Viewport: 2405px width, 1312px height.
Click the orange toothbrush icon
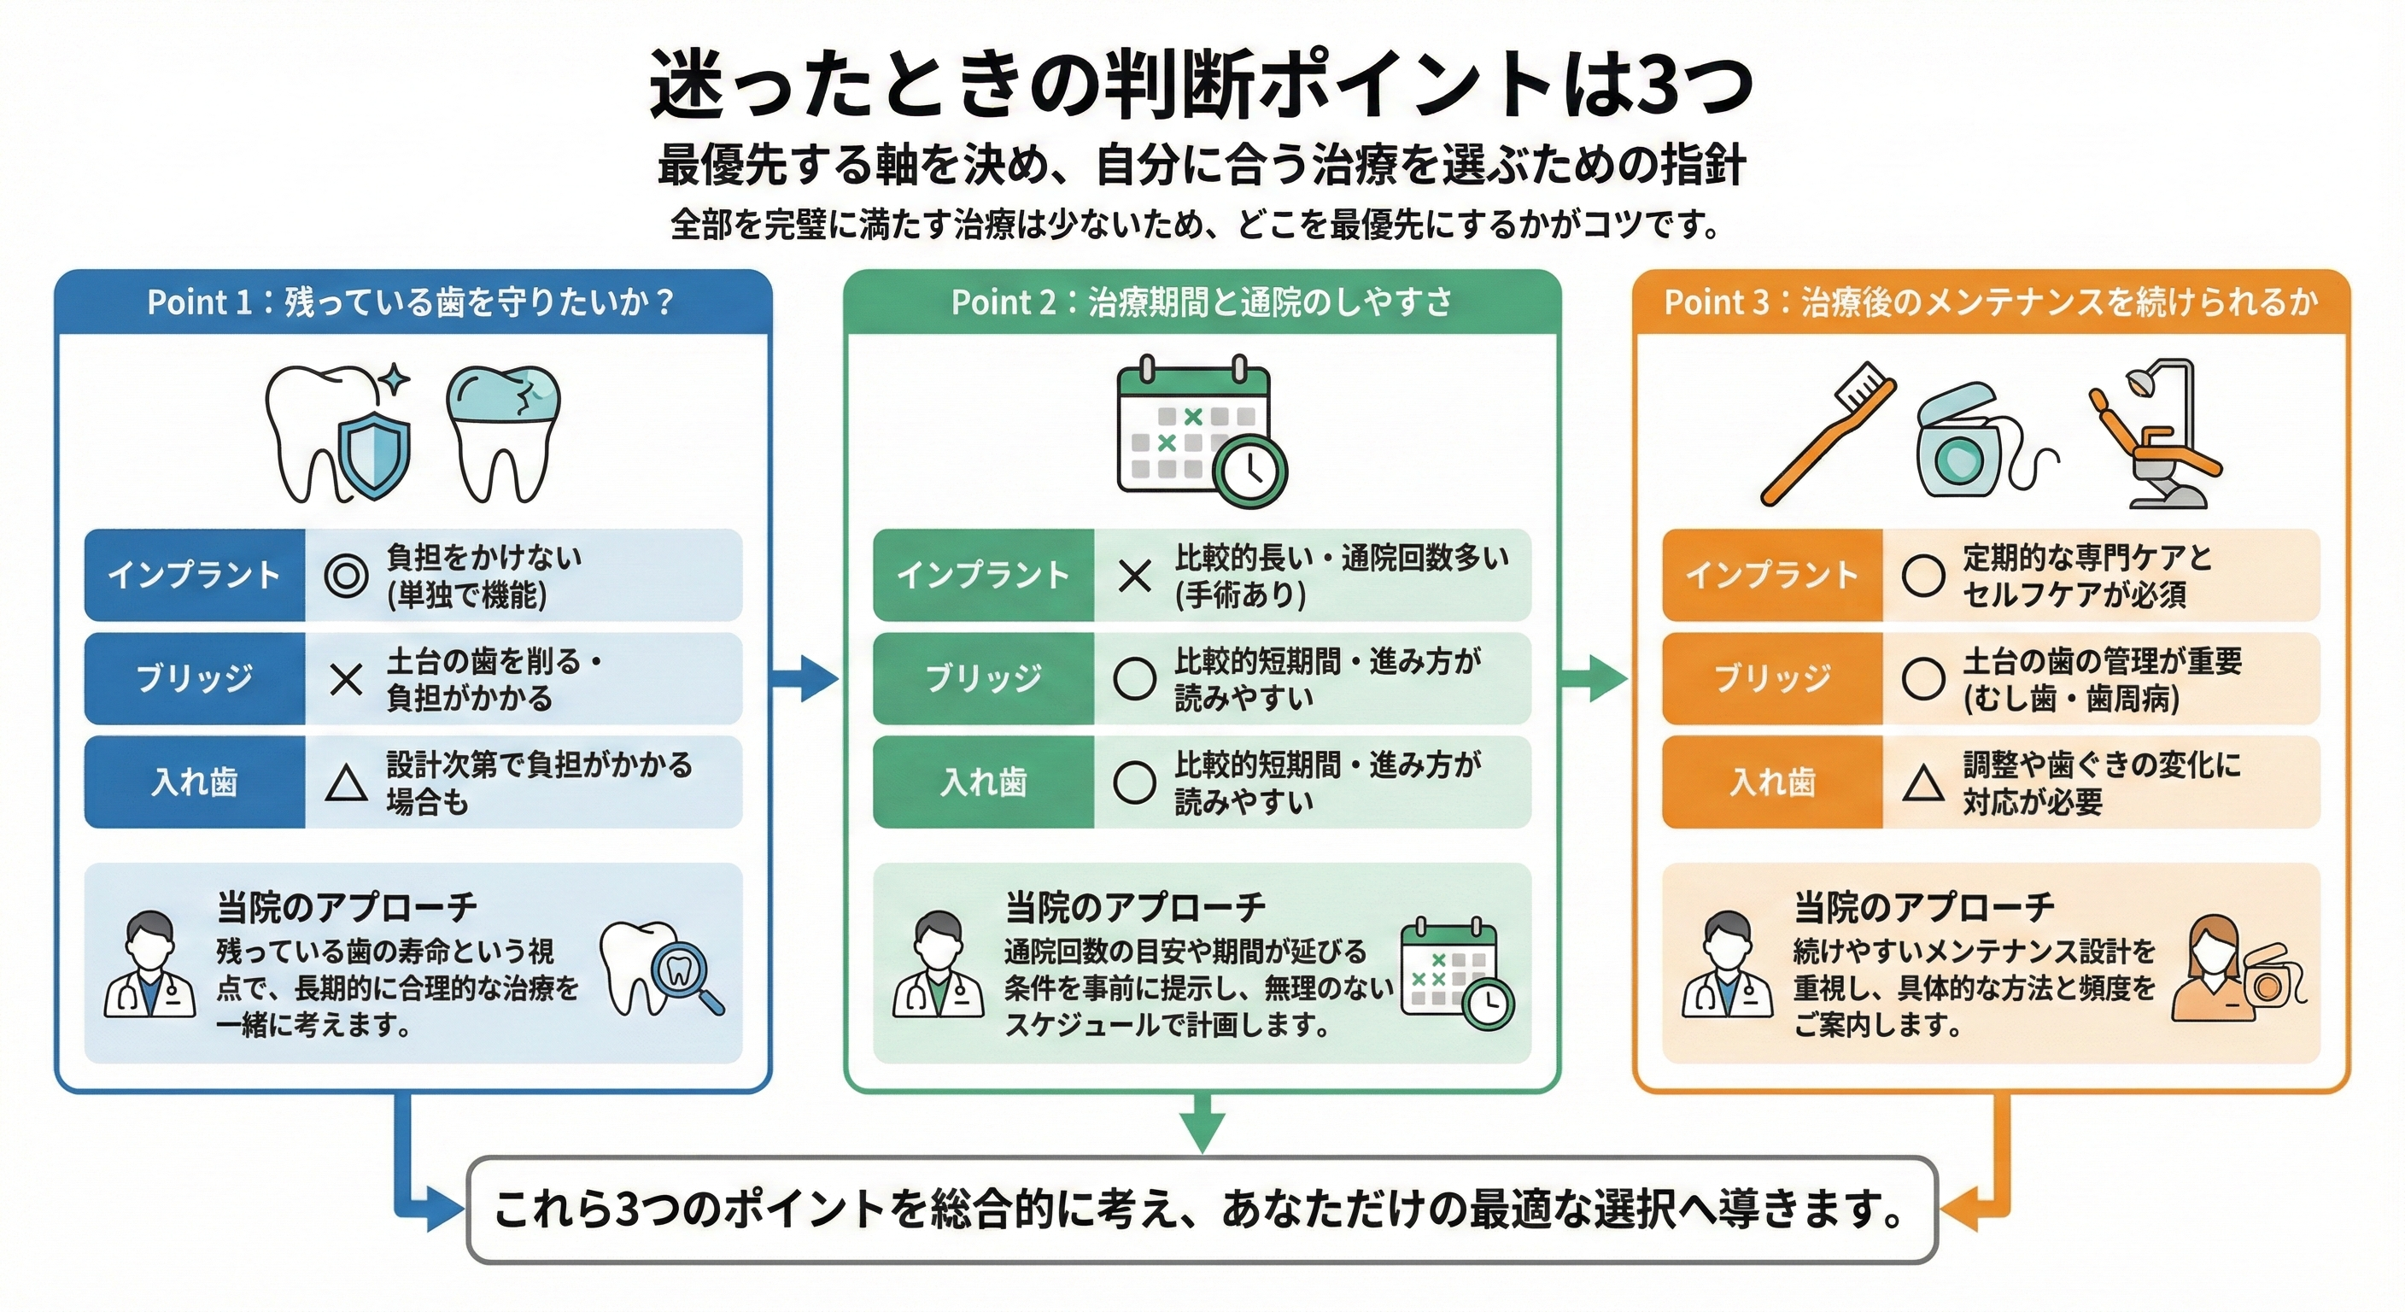point(1827,433)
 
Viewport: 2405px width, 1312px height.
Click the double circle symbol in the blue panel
point(345,575)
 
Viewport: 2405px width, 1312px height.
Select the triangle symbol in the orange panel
point(1923,782)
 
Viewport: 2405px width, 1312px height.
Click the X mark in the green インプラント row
point(1134,575)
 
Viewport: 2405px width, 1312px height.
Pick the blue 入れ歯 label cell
point(194,782)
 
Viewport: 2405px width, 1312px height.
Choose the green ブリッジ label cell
point(983,679)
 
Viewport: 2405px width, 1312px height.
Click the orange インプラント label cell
point(1772,575)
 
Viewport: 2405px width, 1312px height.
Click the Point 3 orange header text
point(1991,302)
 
